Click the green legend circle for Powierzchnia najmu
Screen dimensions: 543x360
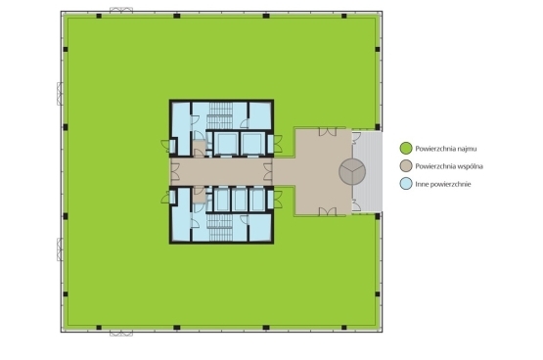[406, 148]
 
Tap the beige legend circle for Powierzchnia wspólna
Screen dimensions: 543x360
[406, 165]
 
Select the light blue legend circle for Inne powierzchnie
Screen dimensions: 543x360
[406, 184]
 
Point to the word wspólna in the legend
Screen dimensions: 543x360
[470, 166]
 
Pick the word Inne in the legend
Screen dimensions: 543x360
[422, 184]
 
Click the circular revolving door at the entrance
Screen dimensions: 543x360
[352, 171]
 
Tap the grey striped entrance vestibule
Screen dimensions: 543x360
[367, 171]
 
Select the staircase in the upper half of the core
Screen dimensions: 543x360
[219, 116]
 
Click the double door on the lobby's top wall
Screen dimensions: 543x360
[328, 131]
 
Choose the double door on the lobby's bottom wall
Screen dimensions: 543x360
[328, 211]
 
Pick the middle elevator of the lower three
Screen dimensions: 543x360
[239, 200]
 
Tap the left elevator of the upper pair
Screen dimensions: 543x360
[227, 144]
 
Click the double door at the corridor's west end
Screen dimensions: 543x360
[175, 171]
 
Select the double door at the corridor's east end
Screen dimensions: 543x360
[268, 171]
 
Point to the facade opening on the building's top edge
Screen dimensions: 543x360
[121, 10]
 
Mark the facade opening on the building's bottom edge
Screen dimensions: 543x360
[121, 334]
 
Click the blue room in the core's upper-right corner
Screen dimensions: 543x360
[259, 115]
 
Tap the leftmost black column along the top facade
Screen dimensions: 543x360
[99, 16]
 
